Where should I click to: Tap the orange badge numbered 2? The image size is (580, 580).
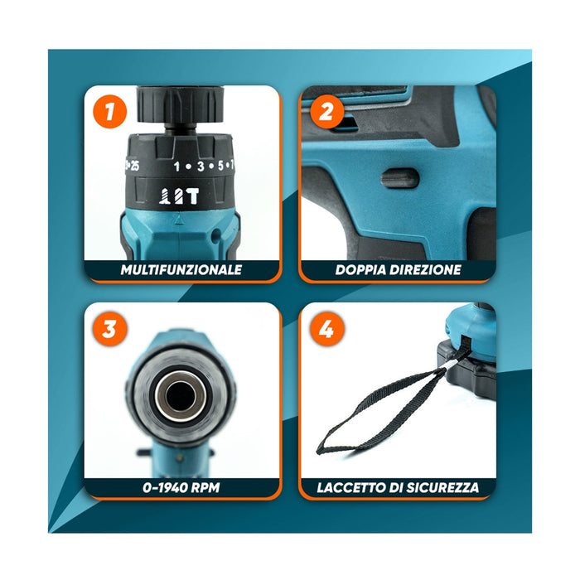(x=326, y=112)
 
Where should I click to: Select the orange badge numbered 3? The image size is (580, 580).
(x=109, y=330)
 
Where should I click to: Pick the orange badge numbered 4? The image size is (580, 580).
(x=326, y=330)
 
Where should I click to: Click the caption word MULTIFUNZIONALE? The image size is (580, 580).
(x=181, y=269)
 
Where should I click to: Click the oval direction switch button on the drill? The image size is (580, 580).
(x=394, y=177)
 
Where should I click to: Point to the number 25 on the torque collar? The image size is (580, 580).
(x=133, y=166)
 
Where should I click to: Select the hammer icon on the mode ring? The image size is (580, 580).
(x=192, y=196)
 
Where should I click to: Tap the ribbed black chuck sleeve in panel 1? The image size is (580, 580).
(x=177, y=104)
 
